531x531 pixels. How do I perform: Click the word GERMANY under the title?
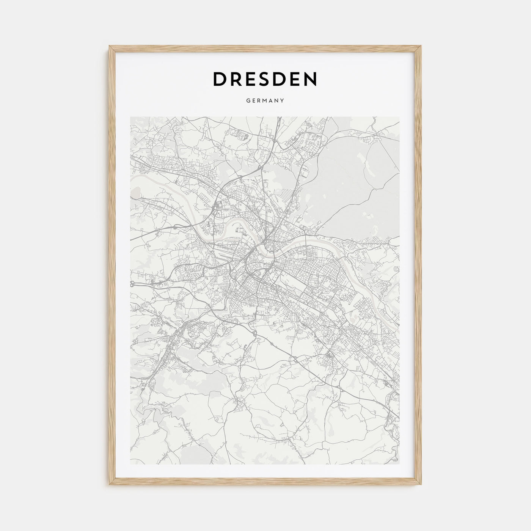[265, 101]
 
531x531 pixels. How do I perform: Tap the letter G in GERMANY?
[248, 101]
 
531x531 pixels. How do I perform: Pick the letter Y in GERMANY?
[283, 101]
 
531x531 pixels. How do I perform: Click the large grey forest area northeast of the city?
[353, 190]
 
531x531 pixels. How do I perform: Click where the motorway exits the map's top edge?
[280, 117]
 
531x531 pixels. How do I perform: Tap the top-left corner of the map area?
[130, 117]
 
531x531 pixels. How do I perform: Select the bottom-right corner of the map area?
[399, 464]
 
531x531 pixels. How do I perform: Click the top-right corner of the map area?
[399, 117]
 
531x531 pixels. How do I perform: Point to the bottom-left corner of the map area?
[130, 464]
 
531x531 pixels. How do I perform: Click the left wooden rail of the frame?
[112, 265]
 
